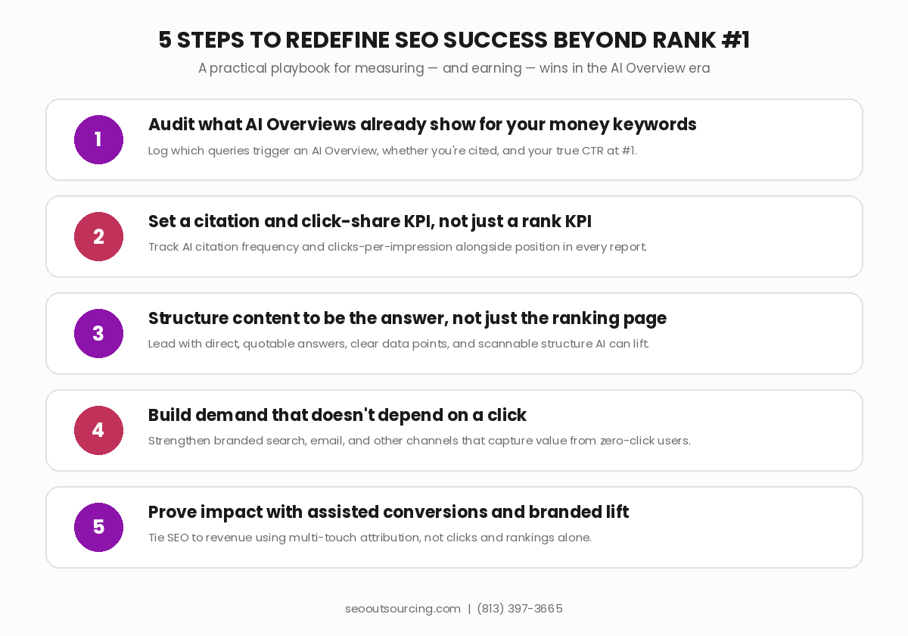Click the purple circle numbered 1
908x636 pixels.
click(98, 139)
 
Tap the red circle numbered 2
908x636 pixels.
click(98, 236)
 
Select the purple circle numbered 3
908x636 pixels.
click(98, 333)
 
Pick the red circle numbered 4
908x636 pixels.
click(98, 430)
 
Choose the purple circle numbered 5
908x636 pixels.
click(98, 527)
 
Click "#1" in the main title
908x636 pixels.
click(735, 40)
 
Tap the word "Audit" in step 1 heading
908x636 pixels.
click(171, 124)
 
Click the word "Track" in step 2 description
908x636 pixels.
click(163, 247)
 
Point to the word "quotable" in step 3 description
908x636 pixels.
click(269, 344)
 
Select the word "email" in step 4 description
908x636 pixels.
click(327, 441)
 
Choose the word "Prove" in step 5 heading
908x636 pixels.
click(172, 513)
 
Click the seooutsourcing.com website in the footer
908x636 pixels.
click(403, 609)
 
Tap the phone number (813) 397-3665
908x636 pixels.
click(520, 609)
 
